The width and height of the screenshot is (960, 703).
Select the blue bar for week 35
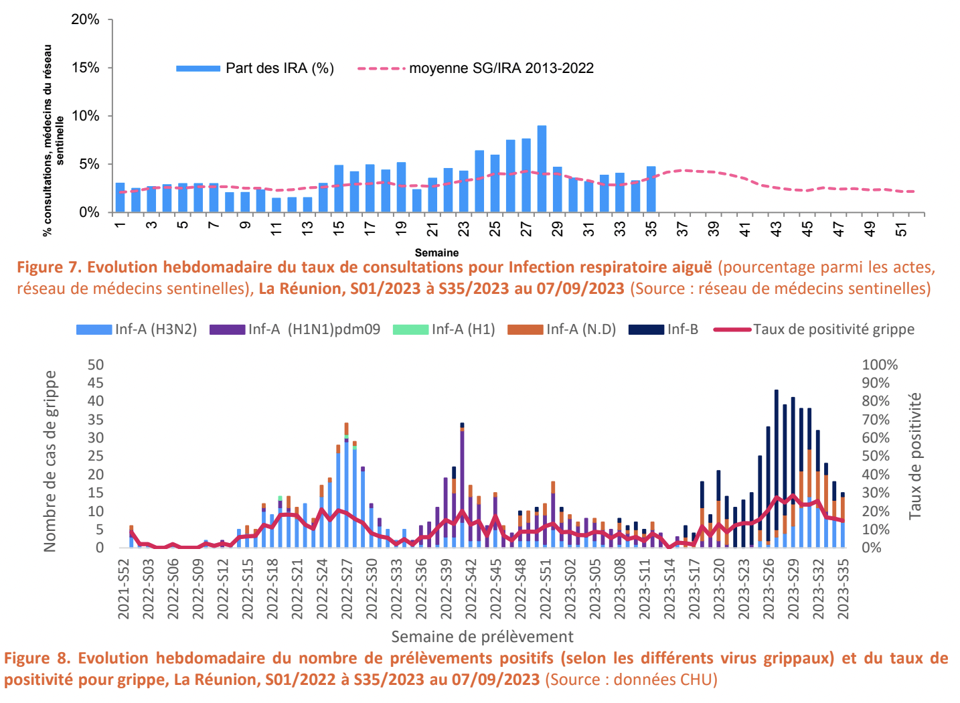(x=651, y=189)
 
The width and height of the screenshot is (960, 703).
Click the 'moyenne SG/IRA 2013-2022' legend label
(x=501, y=68)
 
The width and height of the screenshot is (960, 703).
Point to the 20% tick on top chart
(x=85, y=20)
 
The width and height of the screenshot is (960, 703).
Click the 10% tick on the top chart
(x=85, y=116)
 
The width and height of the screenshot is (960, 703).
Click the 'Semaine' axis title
(x=436, y=253)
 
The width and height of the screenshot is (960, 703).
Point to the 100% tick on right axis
(x=880, y=365)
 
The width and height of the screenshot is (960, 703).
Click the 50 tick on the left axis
(x=96, y=365)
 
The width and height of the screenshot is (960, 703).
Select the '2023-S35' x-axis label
(x=843, y=589)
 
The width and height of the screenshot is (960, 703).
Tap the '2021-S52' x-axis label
(x=124, y=589)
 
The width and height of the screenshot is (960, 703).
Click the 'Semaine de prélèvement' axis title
(x=482, y=637)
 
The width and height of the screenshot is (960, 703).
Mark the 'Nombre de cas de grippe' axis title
(x=50, y=461)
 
